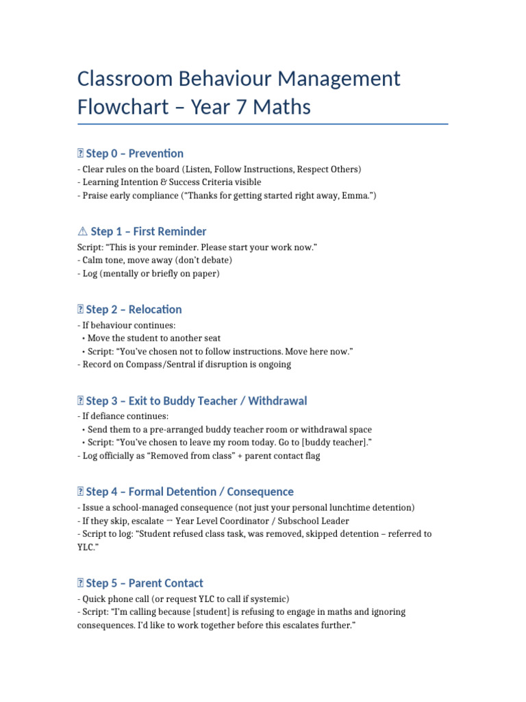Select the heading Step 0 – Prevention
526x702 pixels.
coord(134,154)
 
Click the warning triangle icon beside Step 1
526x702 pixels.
coord(82,232)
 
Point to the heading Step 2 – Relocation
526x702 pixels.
coord(134,309)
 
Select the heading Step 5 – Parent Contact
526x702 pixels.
coord(145,583)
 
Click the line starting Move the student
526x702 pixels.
coord(154,339)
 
